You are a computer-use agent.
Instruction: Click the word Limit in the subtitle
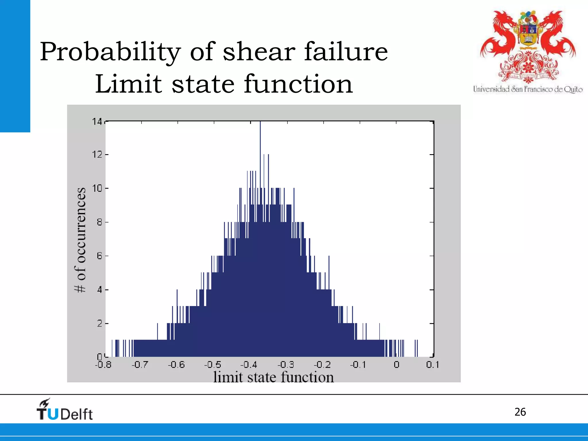pyautogui.click(x=128, y=84)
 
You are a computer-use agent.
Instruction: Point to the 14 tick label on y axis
pyautogui.click(x=97, y=122)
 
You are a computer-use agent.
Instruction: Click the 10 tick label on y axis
pyautogui.click(x=97, y=189)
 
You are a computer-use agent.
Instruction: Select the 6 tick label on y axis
pyautogui.click(x=99, y=256)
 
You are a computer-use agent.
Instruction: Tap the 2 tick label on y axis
pyautogui.click(x=99, y=324)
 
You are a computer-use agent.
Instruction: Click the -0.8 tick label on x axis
pyautogui.click(x=103, y=365)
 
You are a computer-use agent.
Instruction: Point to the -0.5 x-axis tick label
pyautogui.click(x=213, y=365)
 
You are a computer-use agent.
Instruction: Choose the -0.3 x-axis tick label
pyautogui.click(x=286, y=365)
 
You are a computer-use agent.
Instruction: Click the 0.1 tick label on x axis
pyautogui.click(x=432, y=365)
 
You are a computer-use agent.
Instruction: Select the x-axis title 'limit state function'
pyautogui.click(x=273, y=377)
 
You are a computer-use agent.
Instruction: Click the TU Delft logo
pyautogui.click(x=65, y=410)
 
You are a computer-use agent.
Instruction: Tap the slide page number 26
pyautogui.click(x=520, y=412)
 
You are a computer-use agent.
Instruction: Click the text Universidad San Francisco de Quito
pyautogui.click(x=528, y=89)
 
